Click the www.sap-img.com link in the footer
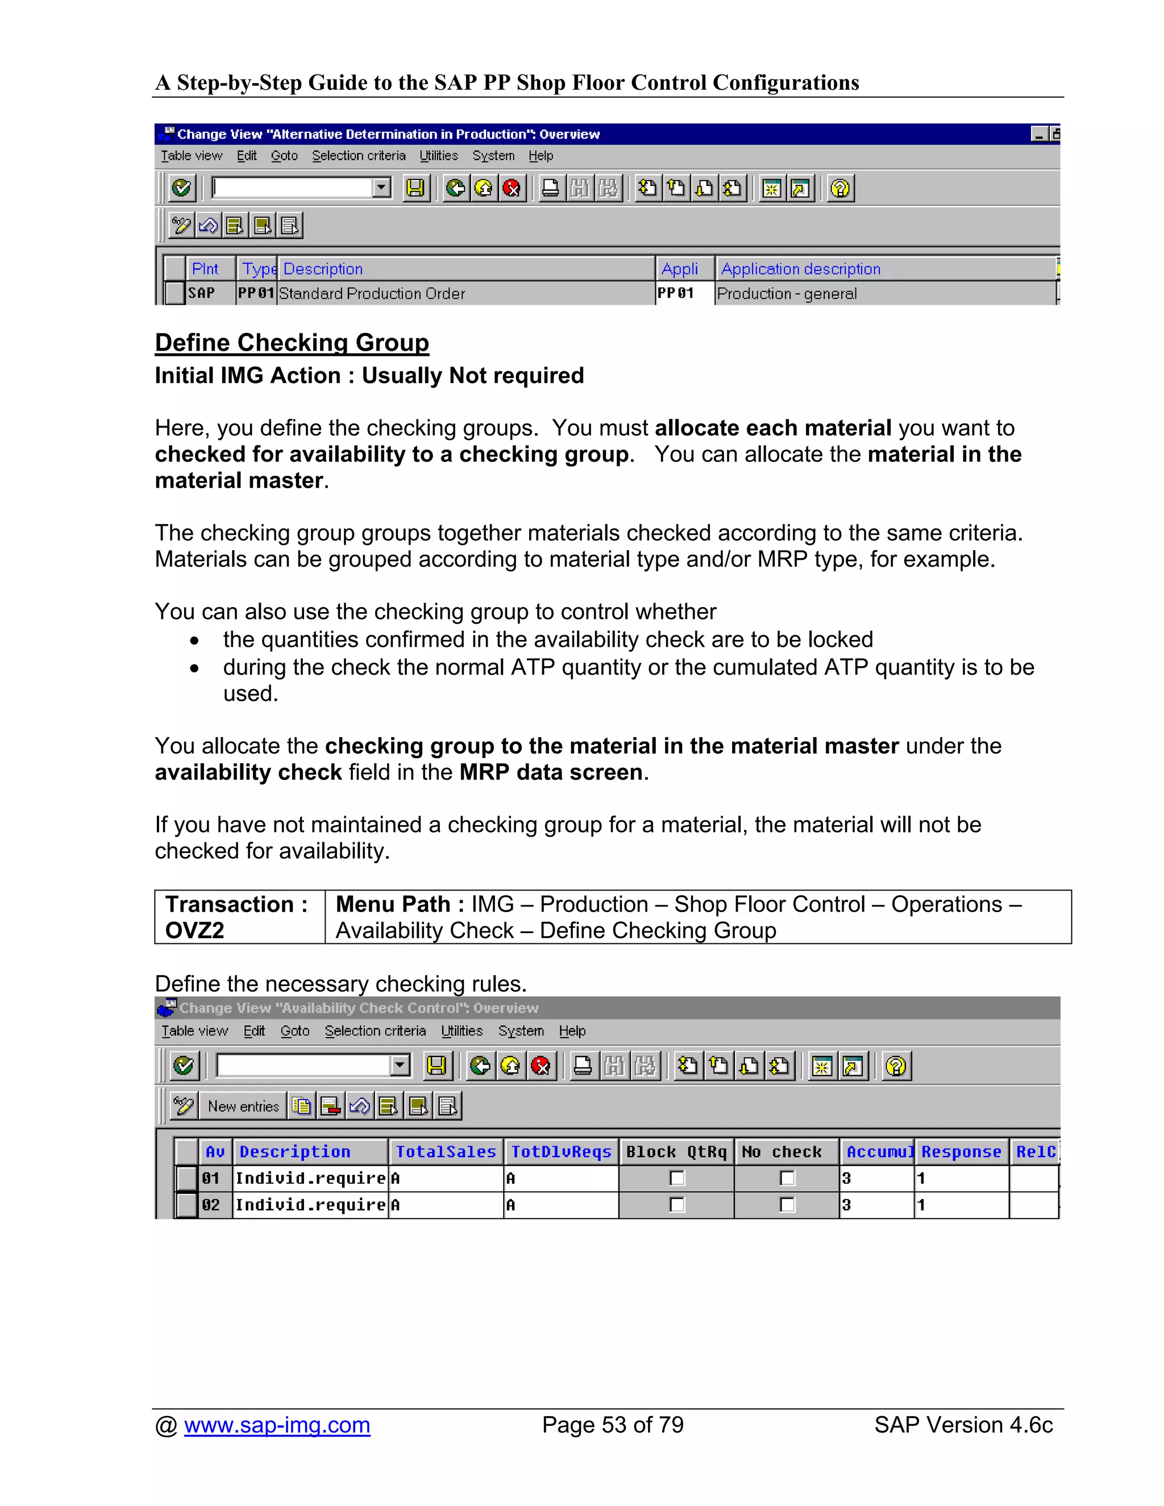pos(277,1425)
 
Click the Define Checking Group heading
pos(292,343)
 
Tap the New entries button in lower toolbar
pos(243,1106)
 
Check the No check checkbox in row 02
pos(787,1205)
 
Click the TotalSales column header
pos(446,1151)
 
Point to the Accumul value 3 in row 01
pos(847,1179)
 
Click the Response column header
pos(961,1151)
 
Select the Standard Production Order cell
pos(372,294)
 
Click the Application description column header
pos(801,269)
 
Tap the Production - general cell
pos(787,294)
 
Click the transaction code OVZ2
pos(194,930)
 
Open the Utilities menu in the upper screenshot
pos(439,156)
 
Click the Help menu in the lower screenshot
pos(572,1031)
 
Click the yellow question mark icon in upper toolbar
pos(840,188)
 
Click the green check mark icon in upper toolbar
pos(181,188)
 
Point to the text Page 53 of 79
pos(612,1425)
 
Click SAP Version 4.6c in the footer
pos(963,1425)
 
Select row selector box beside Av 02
pos(186,1205)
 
